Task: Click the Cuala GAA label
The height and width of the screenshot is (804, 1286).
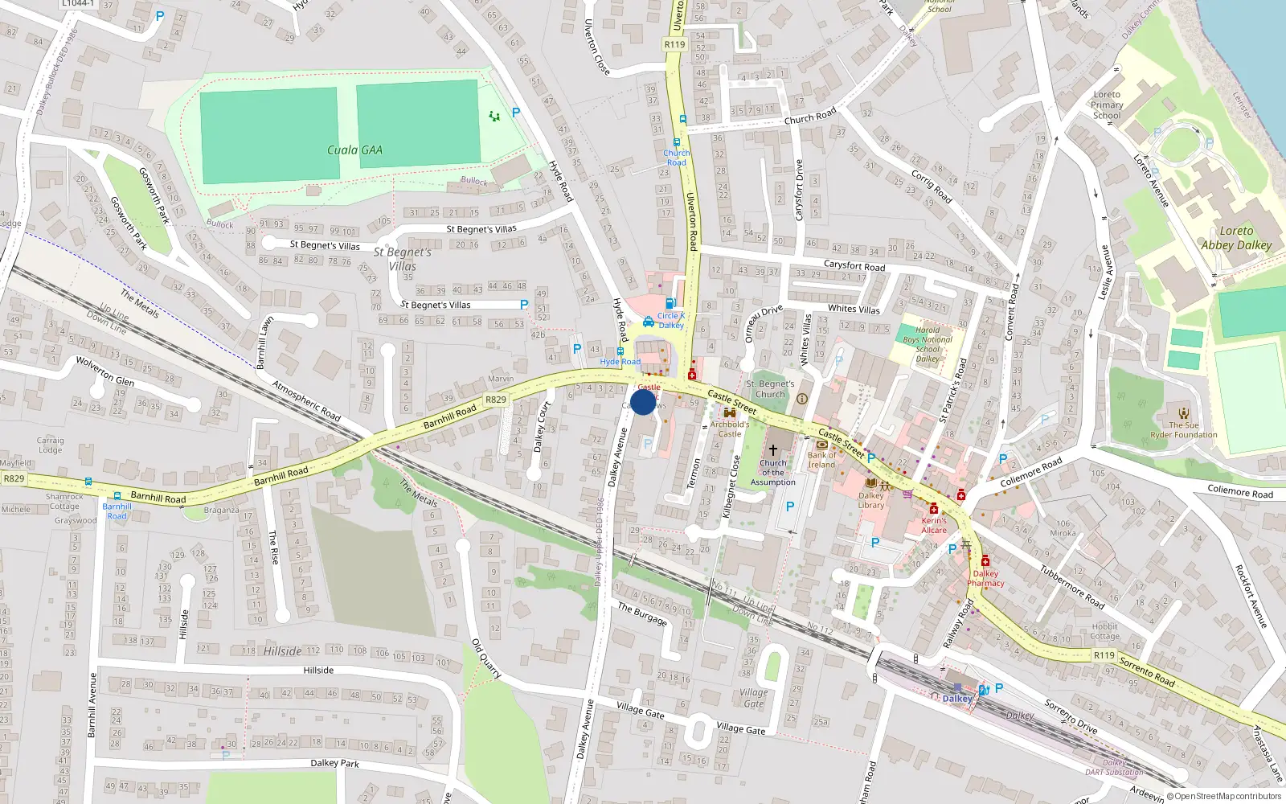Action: tap(354, 150)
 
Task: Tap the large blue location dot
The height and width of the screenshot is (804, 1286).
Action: tap(643, 402)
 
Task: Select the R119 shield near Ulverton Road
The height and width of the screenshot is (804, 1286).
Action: tap(674, 44)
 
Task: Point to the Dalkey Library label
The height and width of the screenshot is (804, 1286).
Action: tap(870, 500)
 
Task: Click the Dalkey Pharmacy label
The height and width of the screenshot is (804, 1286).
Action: tap(985, 578)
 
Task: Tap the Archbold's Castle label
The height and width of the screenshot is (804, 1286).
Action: tap(729, 429)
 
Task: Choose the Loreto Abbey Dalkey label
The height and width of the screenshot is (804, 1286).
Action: tap(1236, 238)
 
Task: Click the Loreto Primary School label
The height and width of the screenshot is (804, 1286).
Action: tap(1107, 105)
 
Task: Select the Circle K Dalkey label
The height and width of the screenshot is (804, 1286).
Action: tap(671, 320)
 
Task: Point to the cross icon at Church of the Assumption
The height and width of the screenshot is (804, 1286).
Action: tap(773, 450)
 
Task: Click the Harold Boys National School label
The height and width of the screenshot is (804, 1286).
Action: tap(928, 344)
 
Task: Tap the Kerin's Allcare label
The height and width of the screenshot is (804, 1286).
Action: tap(934, 525)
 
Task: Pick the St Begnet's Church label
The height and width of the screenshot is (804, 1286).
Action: tap(770, 389)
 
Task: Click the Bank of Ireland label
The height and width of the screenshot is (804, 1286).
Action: tap(821, 460)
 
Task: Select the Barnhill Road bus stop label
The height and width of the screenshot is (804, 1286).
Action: tap(117, 511)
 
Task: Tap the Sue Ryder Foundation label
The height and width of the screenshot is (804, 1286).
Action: tap(1183, 430)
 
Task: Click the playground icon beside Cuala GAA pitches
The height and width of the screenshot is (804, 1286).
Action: tap(494, 117)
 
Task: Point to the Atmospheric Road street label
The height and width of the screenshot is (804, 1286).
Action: tap(306, 400)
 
